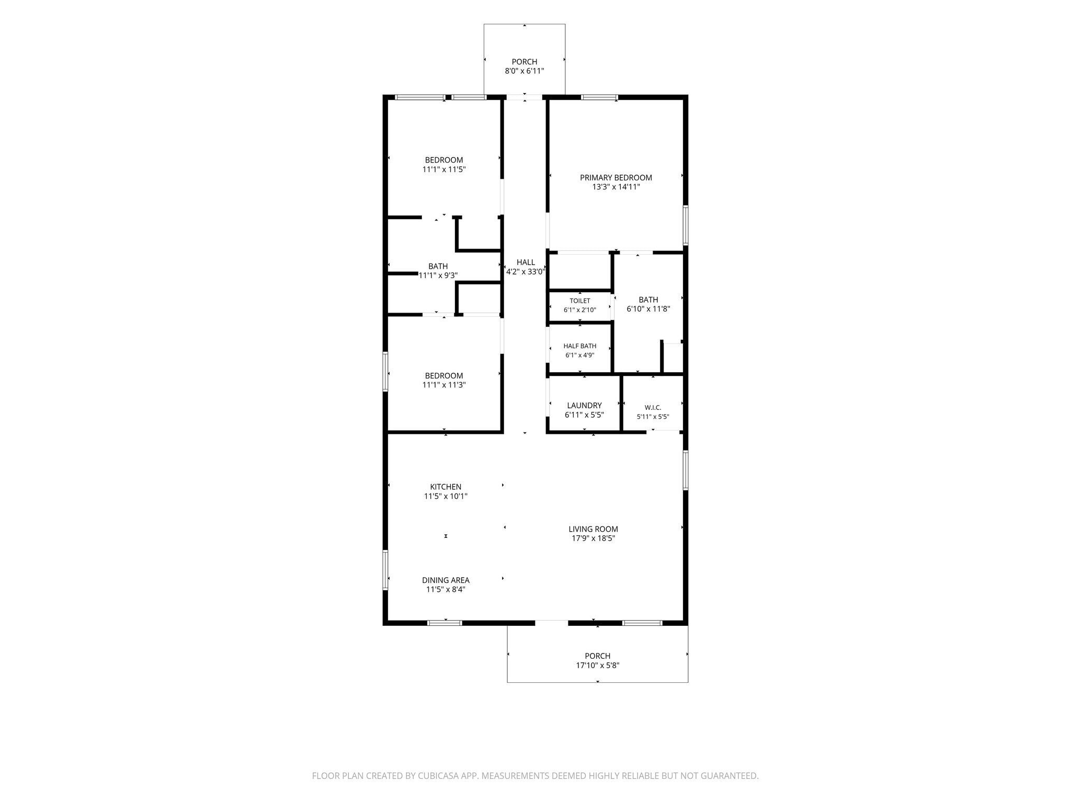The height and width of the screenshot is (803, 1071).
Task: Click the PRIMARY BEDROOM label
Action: pos(616,178)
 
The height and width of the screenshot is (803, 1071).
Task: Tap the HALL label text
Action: pos(526,262)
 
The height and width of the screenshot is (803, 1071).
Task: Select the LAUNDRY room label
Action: pos(584,406)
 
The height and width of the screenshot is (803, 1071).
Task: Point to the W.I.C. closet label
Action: pos(653,407)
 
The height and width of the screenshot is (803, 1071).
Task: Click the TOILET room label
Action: pos(580,301)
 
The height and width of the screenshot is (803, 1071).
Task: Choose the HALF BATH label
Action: pos(580,346)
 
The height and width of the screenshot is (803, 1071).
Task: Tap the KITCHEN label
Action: pos(446,487)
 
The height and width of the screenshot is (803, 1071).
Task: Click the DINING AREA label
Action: pos(446,580)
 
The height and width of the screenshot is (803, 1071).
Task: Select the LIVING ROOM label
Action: pos(593,529)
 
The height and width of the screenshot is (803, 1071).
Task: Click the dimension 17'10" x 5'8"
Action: pos(597,666)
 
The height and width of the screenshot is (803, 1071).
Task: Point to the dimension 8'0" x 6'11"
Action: pos(525,71)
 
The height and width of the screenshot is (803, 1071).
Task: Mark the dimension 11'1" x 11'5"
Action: pos(444,169)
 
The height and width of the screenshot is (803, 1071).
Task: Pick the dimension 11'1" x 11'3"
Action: pos(444,385)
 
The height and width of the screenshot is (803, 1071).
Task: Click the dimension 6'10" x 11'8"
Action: pos(648,309)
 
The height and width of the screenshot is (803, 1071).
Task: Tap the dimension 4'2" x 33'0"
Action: pos(526,272)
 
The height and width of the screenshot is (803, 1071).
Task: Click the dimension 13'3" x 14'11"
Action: pos(616,187)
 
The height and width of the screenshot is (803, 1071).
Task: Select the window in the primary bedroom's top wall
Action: pos(599,97)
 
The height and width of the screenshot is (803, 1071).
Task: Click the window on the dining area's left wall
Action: pos(385,570)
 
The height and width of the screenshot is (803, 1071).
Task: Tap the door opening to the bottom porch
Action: pos(551,623)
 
